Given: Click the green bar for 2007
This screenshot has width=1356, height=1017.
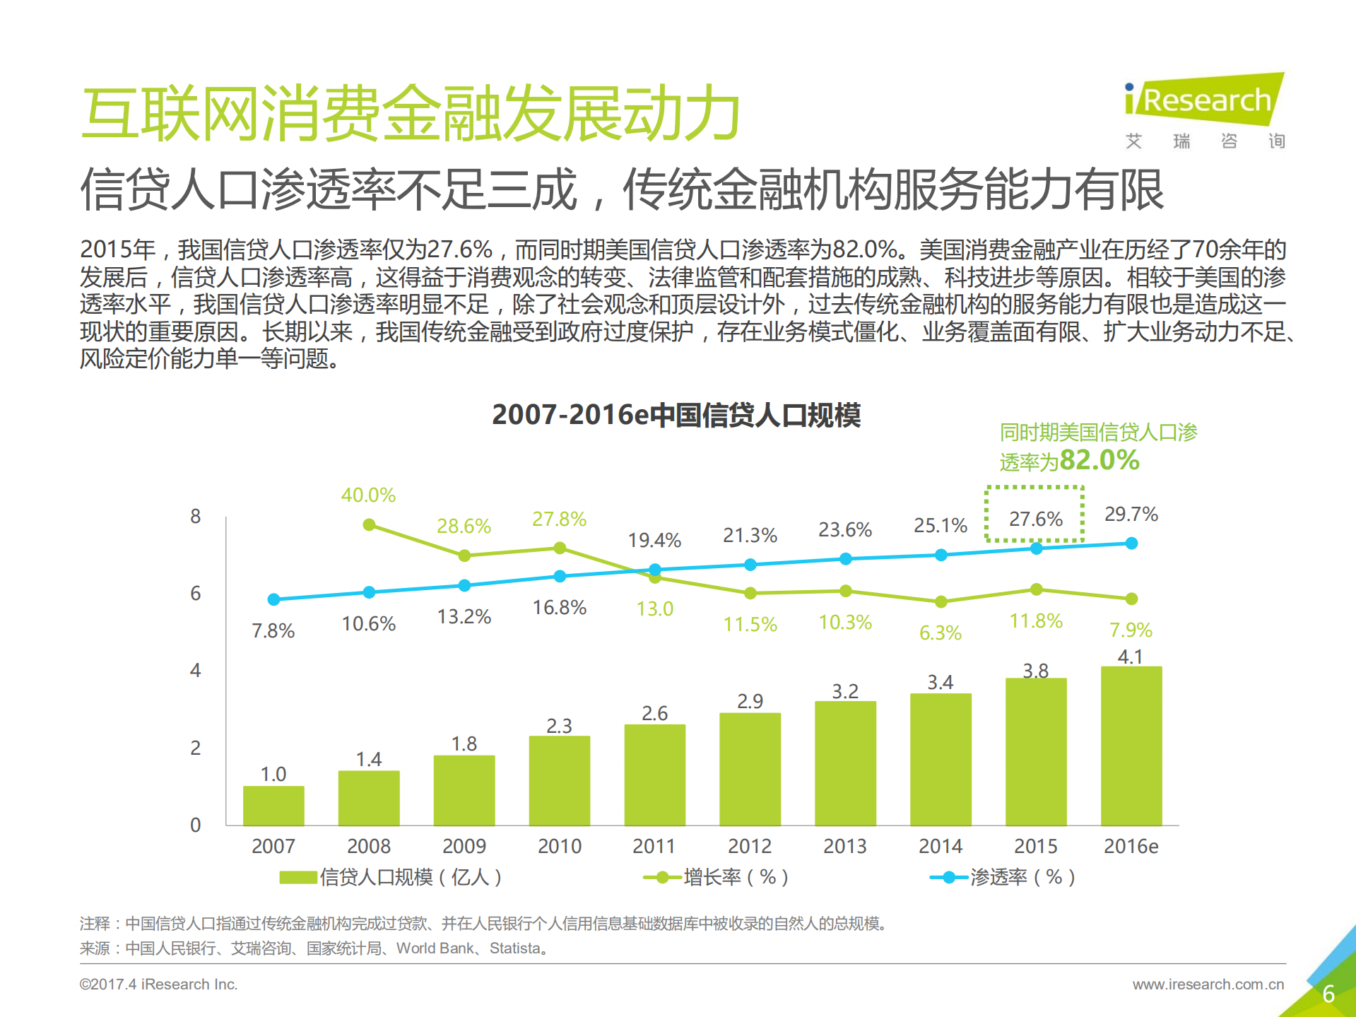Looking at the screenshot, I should pyautogui.click(x=273, y=805).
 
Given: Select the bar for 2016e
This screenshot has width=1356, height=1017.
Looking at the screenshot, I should pyautogui.click(x=1131, y=746).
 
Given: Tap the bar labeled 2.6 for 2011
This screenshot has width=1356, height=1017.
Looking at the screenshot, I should pyautogui.click(x=654, y=775).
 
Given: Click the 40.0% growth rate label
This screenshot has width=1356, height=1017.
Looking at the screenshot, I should pyautogui.click(x=368, y=495).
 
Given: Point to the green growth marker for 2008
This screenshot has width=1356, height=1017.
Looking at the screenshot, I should pyautogui.click(x=369, y=524).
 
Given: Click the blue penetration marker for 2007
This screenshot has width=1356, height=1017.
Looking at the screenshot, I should pyautogui.click(x=274, y=599).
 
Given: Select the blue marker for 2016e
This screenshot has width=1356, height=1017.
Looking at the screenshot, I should pyautogui.click(x=1131, y=543).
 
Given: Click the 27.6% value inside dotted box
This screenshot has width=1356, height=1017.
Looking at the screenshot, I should pyautogui.click(x=1035, y=519).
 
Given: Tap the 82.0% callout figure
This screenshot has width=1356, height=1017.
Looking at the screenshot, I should pyautogui.click(x=1099, y=460).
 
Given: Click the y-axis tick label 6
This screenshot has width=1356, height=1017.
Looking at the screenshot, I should pyautogui.click(x=196, y=593).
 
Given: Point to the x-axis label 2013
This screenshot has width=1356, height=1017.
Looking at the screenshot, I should pyautogui.click(x=844, y=846).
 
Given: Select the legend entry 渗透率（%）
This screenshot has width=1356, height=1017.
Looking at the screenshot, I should pyautogui.click(x=1003, y=877).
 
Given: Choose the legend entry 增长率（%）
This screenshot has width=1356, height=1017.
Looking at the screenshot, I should pyautogui.click(x=716, y=877).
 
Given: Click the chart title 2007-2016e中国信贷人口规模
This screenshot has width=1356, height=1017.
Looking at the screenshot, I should pyautogui.click(x=676, y=415).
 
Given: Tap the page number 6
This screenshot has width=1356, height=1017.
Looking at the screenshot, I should pyautogui.click(x=1328, y=994).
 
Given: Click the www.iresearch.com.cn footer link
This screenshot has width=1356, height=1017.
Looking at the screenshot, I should pyautogui.click(x=1208, y=984).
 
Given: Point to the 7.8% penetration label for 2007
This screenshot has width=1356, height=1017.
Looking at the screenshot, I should pyautogui.click(x=273, y=630).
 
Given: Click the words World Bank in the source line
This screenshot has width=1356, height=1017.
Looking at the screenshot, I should pyautogui.click(x=435, y=948).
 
